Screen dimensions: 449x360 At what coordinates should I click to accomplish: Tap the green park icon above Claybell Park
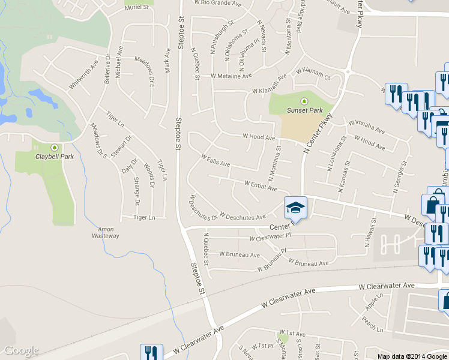(x=55, y=147)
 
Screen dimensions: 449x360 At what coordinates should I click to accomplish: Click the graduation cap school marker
(x=295, y=208)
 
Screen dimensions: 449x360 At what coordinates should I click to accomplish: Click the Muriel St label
(x=137, y=7)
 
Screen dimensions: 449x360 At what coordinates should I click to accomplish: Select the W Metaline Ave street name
(x=231, y=76)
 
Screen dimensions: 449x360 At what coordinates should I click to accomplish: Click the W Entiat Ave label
(x=261, y=185)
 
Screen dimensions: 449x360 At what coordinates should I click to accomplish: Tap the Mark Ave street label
(x=167, y=60)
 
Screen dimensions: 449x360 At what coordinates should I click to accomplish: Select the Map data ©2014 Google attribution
(x=412, y=356)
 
